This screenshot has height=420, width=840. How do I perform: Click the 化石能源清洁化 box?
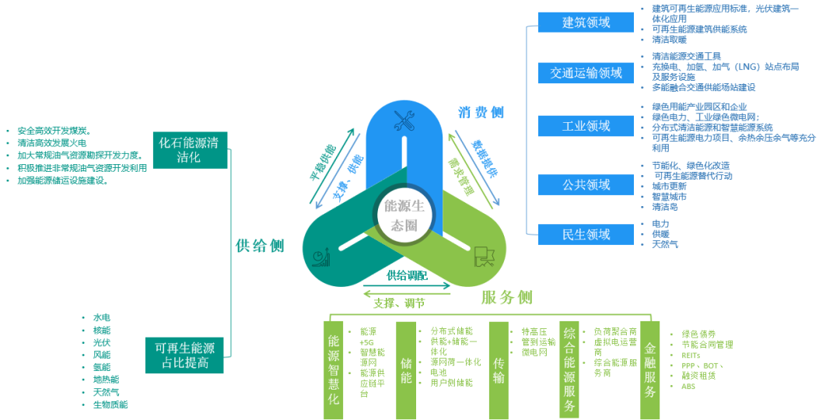pos(190,149)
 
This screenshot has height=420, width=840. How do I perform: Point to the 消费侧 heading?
pos(481,113)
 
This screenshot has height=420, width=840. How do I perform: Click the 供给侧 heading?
pos(260,246)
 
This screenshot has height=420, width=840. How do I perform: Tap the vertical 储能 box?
pos(406,370)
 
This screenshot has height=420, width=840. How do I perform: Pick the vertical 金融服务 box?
pos(650,370)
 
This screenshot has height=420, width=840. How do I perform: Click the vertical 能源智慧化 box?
pos(333,370)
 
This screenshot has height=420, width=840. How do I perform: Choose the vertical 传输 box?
pos(499,370)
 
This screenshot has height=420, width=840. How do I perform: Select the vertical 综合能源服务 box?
pos(570,370)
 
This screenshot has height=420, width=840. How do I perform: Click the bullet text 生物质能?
pos(110,404)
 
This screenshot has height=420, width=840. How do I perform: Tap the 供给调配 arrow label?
pos(408,275)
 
